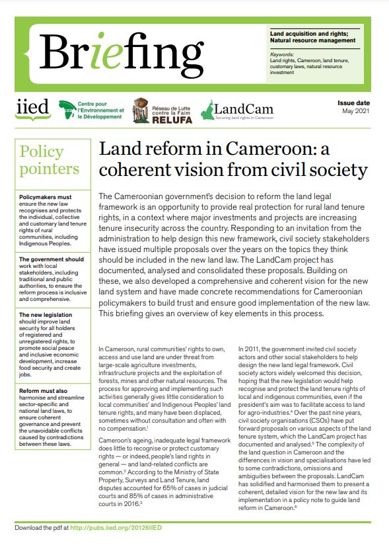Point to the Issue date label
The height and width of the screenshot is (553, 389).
353,103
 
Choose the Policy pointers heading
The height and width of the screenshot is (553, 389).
50,160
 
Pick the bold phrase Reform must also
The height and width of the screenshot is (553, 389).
43,391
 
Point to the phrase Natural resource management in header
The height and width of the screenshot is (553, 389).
314,41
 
